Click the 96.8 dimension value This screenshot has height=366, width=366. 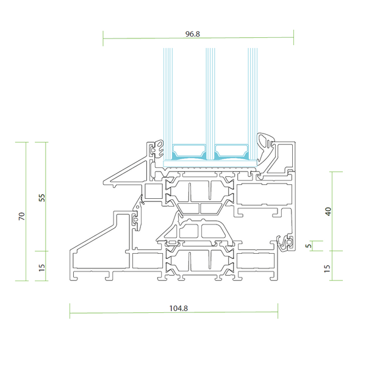(193, 34)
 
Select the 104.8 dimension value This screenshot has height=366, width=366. (178, 308)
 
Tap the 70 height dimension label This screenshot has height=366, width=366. (21, 216)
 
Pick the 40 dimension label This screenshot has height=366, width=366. (328, 212)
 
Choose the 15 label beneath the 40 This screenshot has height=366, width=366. (328, 267)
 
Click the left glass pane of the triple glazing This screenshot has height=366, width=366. (166, 98)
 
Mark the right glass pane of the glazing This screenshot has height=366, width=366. (251, 98)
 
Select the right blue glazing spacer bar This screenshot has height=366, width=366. (231, 149)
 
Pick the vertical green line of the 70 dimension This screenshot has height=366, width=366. (27, 183)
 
